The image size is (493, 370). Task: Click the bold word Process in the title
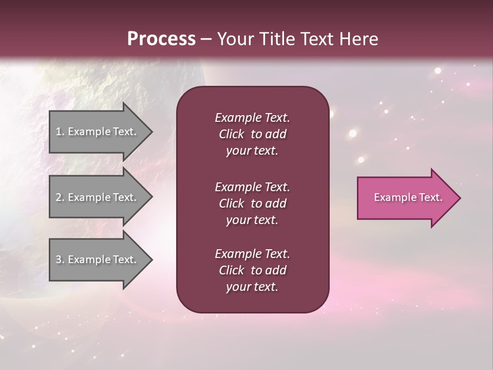pyautogui.click(x=161, y=39)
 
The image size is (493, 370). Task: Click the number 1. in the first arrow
pyautogui.click(x=60, y=132)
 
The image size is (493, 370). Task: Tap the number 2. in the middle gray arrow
pyautogui.click(x=60, y=197)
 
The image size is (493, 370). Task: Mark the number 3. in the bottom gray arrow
pyautogui.click(x=60, y=260)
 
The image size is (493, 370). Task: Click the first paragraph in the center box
pyautogui.click(x=252, y=134)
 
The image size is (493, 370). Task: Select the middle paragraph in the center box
pyautogui.click(x=252, y=203)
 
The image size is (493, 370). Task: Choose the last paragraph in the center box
pyautogui.click(x=252, y=270)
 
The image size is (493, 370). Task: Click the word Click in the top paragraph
pyautogui.click(x=231, y=134)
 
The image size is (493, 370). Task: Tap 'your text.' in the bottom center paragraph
pyautogui.click(x=252, y=287)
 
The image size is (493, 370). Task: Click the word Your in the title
pyautogui.click(x=236, y=39)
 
